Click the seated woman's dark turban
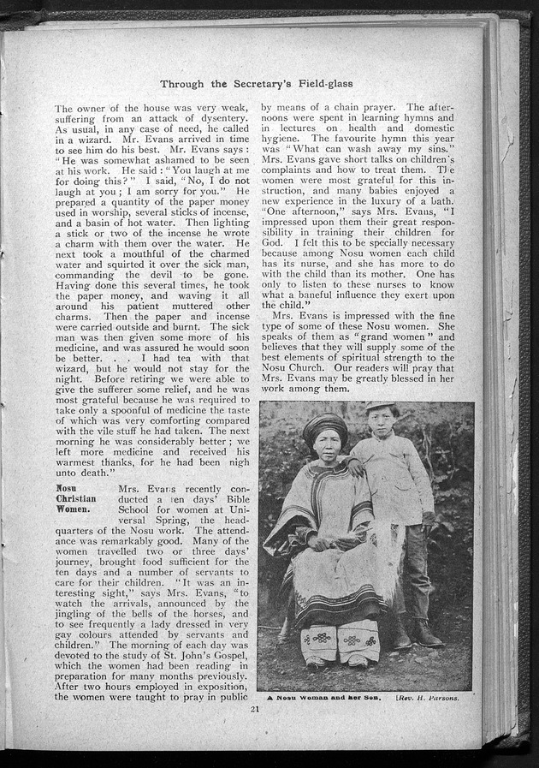point(325,426)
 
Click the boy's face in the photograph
point(381,422)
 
